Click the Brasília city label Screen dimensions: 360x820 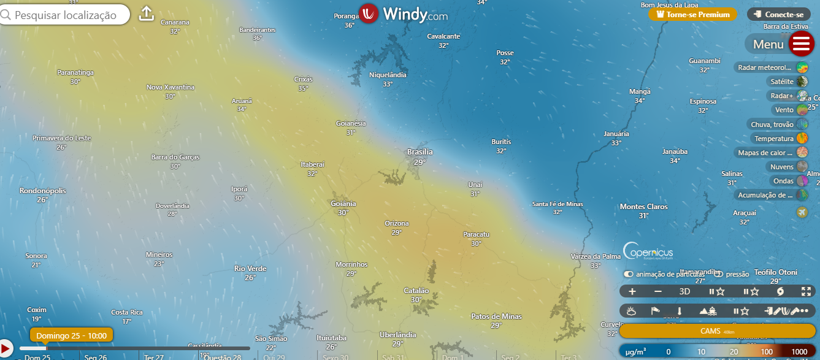(420, 151)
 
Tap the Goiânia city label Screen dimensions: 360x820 (343, 204)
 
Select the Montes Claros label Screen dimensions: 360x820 (643, 207)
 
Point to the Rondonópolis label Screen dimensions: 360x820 (42, 191)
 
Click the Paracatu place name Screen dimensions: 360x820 (476, 234)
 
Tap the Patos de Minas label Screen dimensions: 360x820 (496, 316)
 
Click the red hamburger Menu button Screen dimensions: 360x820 (802, 44)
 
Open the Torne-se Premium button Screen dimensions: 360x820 (692, 14)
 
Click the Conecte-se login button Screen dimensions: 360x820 (779, 14)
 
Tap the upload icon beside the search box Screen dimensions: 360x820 (146, 13)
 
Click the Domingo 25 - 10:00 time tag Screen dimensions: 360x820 (71, 335)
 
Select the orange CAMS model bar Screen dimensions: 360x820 (717, 331)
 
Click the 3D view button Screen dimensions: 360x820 (684, 291)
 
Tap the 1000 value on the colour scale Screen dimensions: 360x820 (799, 351)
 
